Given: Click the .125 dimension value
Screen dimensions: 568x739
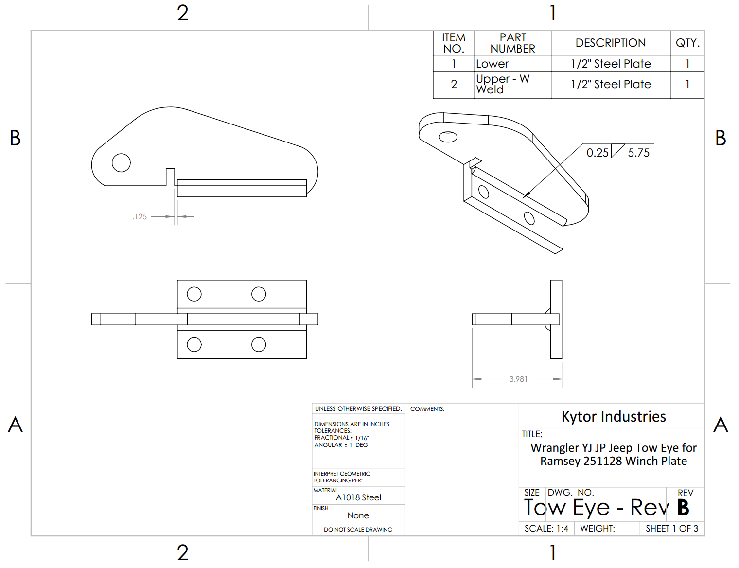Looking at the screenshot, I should [x=140, y=217].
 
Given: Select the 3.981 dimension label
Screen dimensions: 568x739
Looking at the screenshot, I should [x=518, y=379].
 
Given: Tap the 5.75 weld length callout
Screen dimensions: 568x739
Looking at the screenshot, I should [x=638, y=153].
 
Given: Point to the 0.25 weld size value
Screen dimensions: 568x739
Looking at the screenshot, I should [x=597, y=153].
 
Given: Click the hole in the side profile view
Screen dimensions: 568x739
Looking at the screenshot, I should [x=121, y=163].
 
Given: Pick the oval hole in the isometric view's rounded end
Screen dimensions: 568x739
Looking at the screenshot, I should [x=448, y=137].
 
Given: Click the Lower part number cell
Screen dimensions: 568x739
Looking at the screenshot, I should [x=492, y=64].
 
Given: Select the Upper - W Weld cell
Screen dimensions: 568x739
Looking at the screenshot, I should [x=503, y=84].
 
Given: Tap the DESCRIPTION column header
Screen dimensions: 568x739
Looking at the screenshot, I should [x=610, y=43].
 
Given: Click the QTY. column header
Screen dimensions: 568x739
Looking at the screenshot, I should [x=687, y=43].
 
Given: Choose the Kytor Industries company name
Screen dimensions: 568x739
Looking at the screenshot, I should [x=613, y=417].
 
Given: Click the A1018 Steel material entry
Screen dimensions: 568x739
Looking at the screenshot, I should [x=358, y=497].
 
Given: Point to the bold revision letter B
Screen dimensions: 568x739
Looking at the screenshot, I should [x=683, y=508].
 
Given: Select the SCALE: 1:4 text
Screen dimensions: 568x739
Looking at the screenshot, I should [x=546, y=529].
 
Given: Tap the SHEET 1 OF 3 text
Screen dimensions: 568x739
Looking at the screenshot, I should [x=671, y=529].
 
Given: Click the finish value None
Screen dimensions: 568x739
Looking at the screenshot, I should [x=358, y=515].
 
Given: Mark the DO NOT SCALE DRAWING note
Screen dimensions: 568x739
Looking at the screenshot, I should [x=358, y=530].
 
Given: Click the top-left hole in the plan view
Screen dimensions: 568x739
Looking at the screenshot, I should [x=194, y=294].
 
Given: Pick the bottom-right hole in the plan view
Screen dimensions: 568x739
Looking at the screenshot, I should [x=259, y=345].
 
